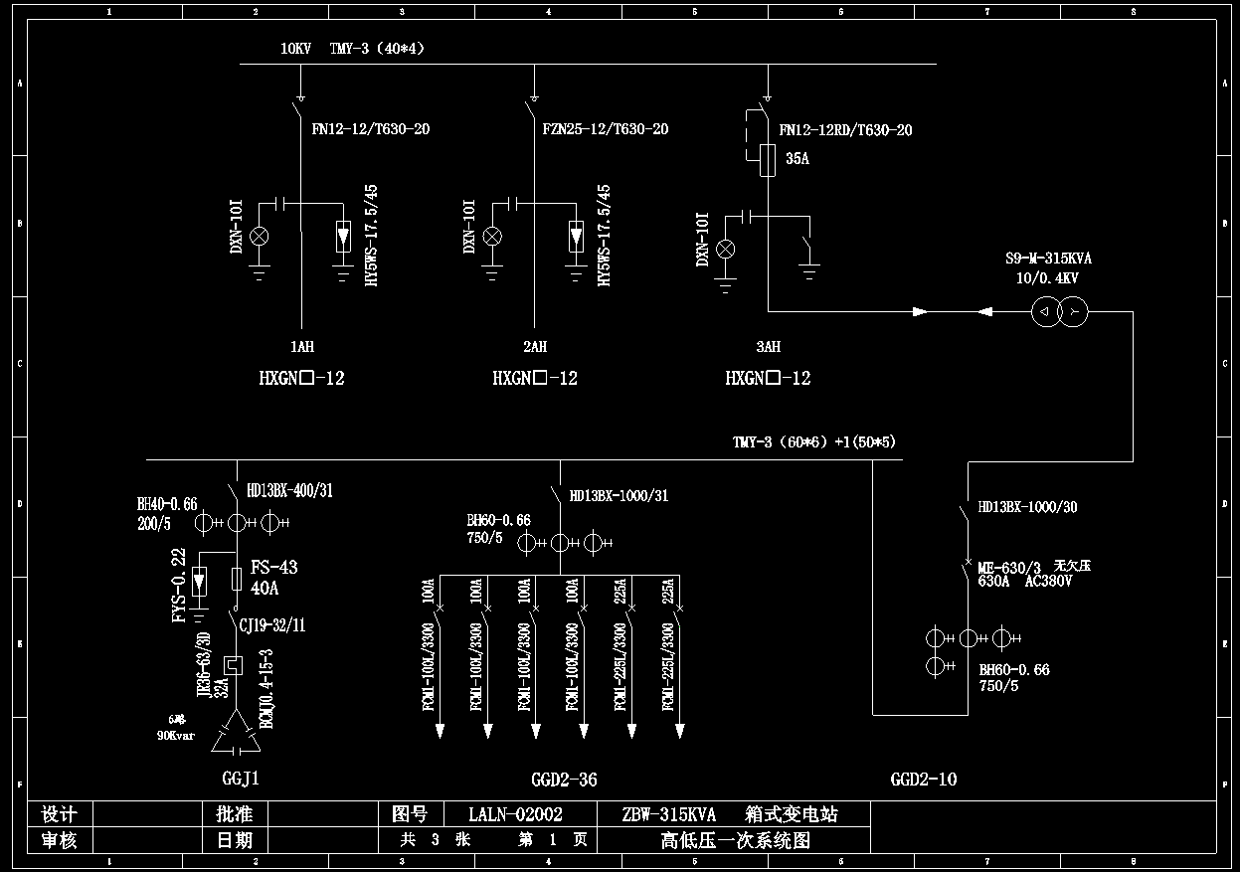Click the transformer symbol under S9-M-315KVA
coord(1059,312)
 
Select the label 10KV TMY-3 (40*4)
coord(353,48)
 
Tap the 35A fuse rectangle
coord(767,160)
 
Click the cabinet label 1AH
coord(301,347)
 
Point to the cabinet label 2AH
coord(535,347)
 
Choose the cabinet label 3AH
coord(768,347)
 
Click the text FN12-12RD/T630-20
coord(845,130)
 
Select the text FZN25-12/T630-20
coord(605,129)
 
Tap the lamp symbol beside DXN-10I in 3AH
coord(726,248)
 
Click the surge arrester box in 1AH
coord(343,237)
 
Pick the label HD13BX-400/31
coord(289,490)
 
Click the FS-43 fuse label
coord(273,568)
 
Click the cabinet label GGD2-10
coord(923,780)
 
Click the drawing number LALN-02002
coord(515,814)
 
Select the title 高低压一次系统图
coord(736,840)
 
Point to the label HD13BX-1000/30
coord(1027,507)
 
